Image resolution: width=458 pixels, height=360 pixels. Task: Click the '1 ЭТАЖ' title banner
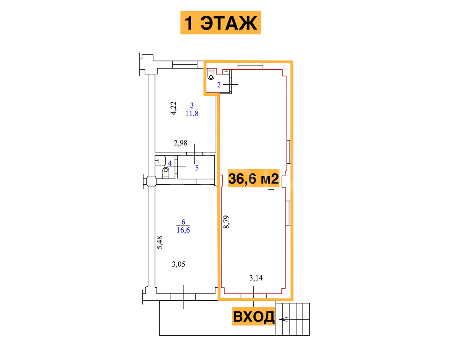click(x=221, y=22)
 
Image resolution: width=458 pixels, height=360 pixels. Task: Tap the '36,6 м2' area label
click(x=253, y=178)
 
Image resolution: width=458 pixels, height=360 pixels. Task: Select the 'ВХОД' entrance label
click(x=253, y=317)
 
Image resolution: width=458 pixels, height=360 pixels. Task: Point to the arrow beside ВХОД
click(x=283, y=319)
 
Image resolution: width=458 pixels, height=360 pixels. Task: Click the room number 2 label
click(x=219, y=85)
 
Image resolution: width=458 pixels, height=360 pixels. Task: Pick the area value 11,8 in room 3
click(x=192, y=114)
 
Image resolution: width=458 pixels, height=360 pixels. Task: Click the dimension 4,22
click(x=174, y=108)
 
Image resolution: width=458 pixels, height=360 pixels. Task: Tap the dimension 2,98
click(x=181, y=143)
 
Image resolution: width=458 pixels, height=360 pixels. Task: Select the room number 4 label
click(x=170, y=163)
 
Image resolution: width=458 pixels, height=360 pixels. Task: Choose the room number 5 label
click(x=197, y=168)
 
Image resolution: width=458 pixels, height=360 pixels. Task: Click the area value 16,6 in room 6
click(x=183, y=230)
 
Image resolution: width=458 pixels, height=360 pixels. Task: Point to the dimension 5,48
click(x=160, y=242)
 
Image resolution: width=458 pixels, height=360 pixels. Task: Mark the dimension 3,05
click(x=178, y=264)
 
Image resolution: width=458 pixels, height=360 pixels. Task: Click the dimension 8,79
click(x=226, y=222)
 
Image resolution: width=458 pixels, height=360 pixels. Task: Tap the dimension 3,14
click(x=256, y=278)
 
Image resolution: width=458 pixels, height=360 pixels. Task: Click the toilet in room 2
click(x=211, y=74)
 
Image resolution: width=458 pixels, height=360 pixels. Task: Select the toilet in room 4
click(x=166, y=173)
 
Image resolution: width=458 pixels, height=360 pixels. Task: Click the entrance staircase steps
click(x=293, y=319)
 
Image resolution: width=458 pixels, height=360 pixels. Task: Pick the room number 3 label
click(x=192, y=105)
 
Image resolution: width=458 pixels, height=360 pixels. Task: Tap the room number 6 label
click(x=183, y=222)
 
